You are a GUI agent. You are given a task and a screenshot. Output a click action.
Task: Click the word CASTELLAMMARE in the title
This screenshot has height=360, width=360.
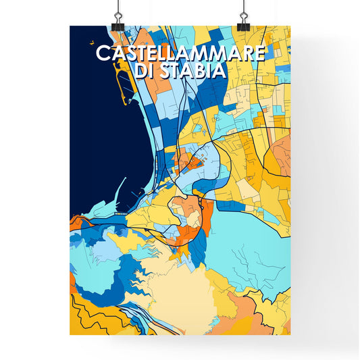(x=180, y=53)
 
